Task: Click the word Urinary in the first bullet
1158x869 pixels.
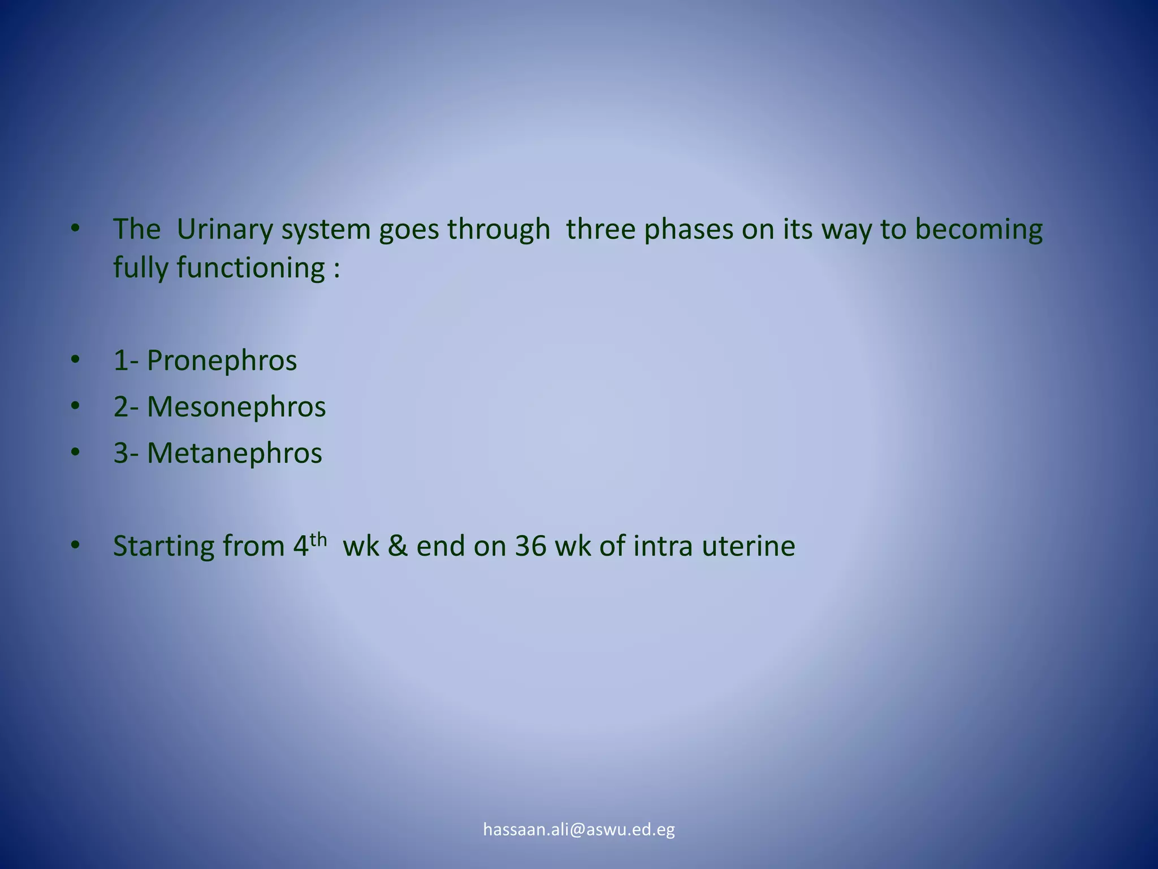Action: (x=225, y=230)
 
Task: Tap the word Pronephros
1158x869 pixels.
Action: (x=221, y=361)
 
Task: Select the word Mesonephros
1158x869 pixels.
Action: (x=236, y=407)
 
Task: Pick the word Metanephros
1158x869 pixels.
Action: (x=234, y=454)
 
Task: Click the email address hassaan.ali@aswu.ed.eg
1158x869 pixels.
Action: (x=579, y=829)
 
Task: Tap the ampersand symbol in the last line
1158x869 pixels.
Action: (x=397, y=547)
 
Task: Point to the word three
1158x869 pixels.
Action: (x=600, y=230)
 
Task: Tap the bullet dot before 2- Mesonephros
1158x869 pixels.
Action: (x=76, y=406)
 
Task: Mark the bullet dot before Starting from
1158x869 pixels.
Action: (x=76, y=545)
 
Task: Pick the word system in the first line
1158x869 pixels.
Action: (x=325, y=230)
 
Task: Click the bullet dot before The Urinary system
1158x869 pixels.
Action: (x=76, y=229)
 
